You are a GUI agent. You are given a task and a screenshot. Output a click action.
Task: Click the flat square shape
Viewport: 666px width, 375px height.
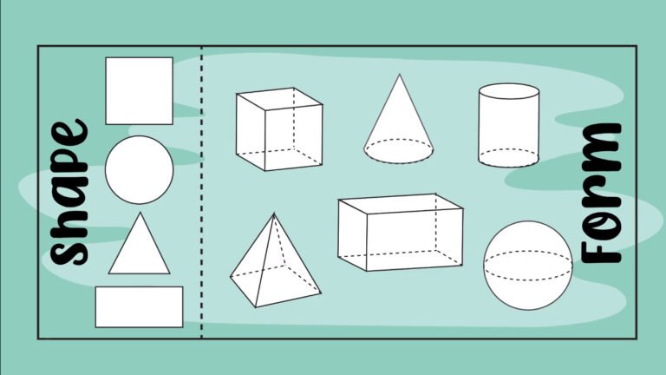click(x=139, y=90)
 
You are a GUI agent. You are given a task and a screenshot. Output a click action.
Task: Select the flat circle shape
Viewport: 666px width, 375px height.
click(x=139, y=169)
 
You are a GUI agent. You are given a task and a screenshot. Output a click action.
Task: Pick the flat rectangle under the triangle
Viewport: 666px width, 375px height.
click(x=139, y=306)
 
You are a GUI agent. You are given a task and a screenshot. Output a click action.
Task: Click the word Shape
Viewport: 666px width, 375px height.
click(x=69, y=193)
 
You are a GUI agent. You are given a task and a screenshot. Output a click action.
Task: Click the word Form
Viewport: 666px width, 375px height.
click(x=601, y=193)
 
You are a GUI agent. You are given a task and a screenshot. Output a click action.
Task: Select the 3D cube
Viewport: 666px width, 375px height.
click(x=278, y=129)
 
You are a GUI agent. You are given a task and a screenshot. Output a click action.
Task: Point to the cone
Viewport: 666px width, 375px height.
click(x=399, y=126)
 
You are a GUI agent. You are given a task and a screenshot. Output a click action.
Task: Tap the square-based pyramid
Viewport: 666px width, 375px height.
click(x=273, y=265)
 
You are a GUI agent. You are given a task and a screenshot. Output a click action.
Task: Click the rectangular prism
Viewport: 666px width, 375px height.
click(x=400, y=232)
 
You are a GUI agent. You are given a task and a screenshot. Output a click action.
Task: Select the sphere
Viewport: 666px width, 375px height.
click(x=528, y=264)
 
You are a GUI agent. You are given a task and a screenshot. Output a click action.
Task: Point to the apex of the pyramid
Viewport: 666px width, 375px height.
click(x=275, y=214)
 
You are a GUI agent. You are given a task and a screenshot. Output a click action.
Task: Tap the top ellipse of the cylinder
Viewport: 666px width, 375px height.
click(x=508, y=91)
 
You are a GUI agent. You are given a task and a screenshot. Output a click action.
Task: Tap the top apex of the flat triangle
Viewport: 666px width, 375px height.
click(x=139, y=214)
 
